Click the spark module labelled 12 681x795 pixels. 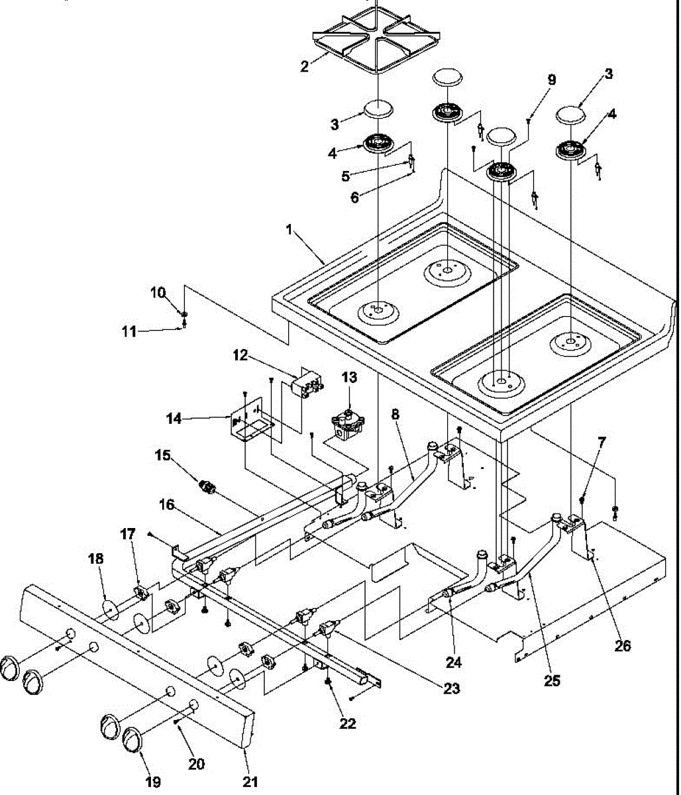point(308,386)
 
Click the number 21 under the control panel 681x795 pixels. point(249,782)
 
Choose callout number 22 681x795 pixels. point(347,723)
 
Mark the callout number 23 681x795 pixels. point(451,688)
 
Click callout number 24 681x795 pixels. point(454,661)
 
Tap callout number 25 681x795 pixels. point(552,680)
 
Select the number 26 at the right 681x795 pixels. point(622,645)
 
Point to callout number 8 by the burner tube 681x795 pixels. point(395,415)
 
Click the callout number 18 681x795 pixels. point(96,558)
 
